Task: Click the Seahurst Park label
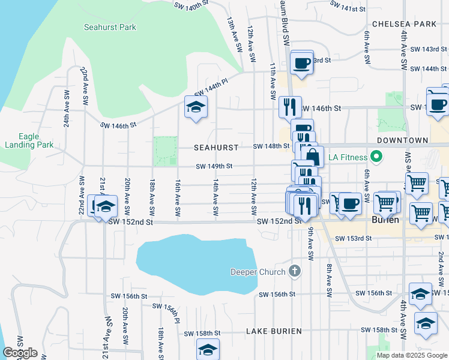pos(110,27)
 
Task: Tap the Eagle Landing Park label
pos(29,140)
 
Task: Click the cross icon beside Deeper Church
pos(294,271)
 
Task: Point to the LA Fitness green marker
pos(376,158)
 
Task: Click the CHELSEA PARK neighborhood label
pos(404,24)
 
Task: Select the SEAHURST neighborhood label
pos(216,147)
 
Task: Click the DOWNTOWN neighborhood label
pos(402,140)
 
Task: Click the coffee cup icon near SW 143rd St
pos(302,62)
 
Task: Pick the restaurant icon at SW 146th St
pos(290,107)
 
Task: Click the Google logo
pos(20,353)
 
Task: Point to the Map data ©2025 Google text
pos(411,355)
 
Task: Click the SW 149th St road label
pos(214,166)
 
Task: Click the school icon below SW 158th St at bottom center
pos(208,349)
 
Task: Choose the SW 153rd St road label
pos(353,238)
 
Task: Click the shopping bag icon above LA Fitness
pos(313,157)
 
